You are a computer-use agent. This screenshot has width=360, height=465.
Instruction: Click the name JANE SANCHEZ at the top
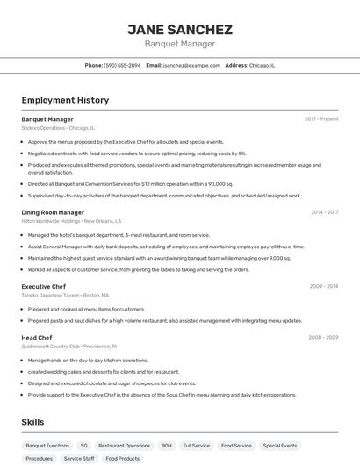tap(179, 29)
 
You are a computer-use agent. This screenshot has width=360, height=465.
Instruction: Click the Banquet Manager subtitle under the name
tap(179, 44)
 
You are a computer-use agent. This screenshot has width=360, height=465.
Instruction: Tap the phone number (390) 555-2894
tap(122, 65)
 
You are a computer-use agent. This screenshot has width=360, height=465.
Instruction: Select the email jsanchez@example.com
tap(191, 65)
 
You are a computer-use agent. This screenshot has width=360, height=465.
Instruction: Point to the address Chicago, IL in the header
tap(262, 65)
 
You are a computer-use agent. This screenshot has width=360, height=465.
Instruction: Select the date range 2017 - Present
tap(321, 118)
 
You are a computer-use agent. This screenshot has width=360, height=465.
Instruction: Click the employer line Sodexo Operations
tap(58, 128)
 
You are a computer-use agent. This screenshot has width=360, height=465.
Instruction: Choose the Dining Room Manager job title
tap(53, 212)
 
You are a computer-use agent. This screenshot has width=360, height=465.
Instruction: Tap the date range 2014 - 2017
tap(324, 212)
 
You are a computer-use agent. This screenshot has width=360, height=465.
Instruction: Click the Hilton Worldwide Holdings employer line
tap(71, 221)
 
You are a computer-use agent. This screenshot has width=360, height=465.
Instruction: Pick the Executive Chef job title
tap(44, 286)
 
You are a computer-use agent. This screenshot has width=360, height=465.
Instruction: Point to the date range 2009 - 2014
tap(323, 286)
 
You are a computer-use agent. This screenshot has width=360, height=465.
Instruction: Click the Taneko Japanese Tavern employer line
tap(66, 296)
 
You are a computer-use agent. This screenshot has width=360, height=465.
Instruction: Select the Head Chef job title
tap(37, 337)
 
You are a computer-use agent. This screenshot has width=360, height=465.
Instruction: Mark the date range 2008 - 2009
tap(323, 337)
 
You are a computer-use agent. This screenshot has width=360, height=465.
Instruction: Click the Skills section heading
tap(32, 422)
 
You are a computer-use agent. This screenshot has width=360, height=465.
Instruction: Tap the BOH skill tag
tap(166, 446)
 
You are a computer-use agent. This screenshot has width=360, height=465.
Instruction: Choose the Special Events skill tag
tap(280, 446)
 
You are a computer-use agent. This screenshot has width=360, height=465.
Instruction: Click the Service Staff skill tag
tap(79, 458)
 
